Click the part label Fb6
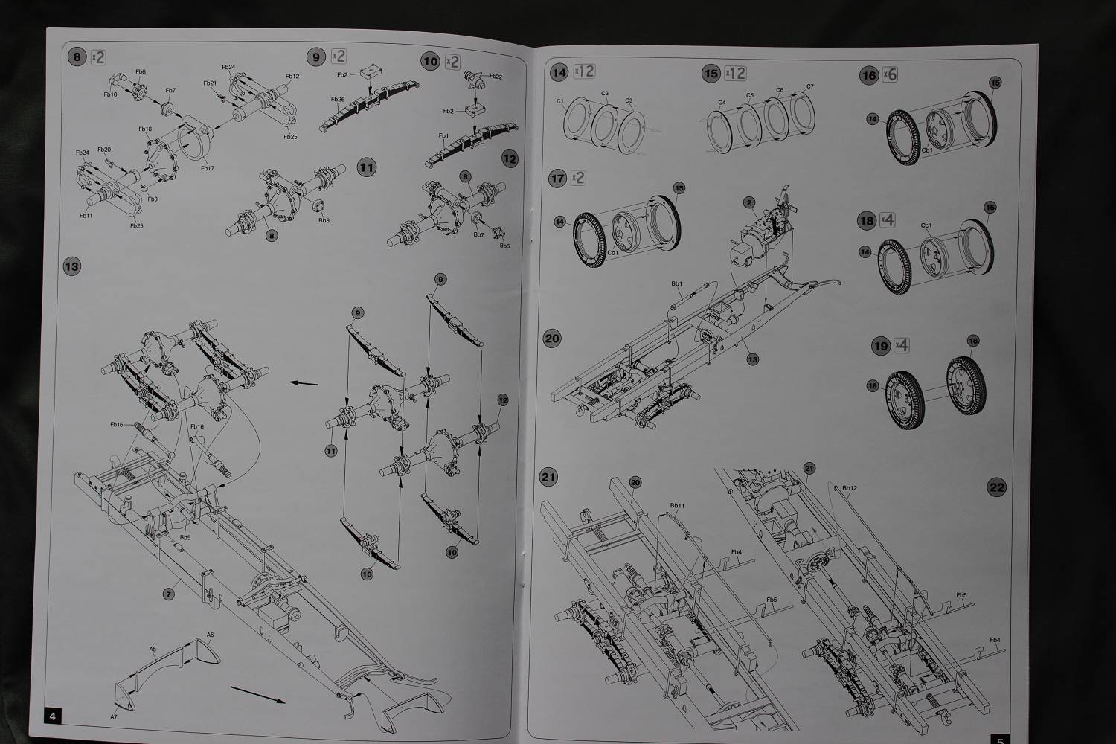[141, 71]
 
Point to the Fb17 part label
[207, 168]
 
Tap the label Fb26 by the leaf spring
[337, 100]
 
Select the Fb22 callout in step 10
[496, 77]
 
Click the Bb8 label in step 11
[324, 220]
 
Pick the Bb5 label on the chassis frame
[185, 536]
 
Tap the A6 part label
[210, 635]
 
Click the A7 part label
[113, 716]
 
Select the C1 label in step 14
[560, 100]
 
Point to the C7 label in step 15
[809, 86]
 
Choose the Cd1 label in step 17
[614, 252]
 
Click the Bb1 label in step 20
[676, 283]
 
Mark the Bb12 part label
[850, 488]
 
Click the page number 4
[52, 716]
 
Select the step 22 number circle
[996, 487]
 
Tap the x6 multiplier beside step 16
[890, 74]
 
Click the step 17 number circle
[557, 178]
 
